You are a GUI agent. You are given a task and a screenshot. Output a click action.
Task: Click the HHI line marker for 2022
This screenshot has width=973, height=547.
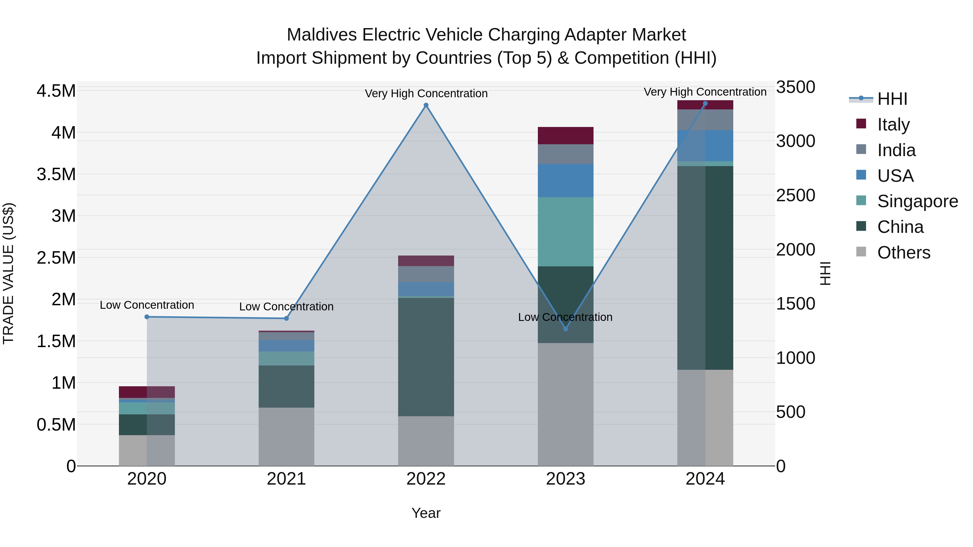tap(426, 105)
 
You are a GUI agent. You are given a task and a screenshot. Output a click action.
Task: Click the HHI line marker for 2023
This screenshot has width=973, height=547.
tap(565, 329)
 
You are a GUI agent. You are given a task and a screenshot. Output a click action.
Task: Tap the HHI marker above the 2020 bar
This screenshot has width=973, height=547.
tap(147, 317)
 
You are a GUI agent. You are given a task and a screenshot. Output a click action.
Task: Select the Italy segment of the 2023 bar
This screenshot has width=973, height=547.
tap(565, 136)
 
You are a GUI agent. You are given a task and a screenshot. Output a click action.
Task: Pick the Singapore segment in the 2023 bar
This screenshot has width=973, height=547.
tap(565, 231)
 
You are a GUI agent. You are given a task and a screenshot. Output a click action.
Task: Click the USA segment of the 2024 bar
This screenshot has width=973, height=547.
tap(705, 146)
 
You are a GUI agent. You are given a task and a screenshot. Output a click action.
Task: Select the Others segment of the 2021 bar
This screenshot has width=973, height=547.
tap(286, 437)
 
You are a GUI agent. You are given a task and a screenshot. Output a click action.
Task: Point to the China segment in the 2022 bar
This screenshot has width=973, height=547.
tap(426, 357)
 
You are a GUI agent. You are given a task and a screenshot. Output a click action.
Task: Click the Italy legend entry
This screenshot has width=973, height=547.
tap(893, 124)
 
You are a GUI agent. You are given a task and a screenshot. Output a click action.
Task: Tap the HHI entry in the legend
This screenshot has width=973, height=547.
tap(892, 99)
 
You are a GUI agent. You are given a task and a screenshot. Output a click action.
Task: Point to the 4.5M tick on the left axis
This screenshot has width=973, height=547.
tap(56, 91)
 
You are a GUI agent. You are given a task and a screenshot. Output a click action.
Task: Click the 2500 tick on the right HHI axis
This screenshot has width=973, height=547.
tap(795, 196)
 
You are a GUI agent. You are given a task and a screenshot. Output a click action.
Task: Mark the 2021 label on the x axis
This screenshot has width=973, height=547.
tap(286, 479)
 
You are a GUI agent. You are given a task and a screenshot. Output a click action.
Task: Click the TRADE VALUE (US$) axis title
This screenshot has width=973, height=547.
tap(8, 273)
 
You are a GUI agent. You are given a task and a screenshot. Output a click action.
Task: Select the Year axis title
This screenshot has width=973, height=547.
tap(426, 513)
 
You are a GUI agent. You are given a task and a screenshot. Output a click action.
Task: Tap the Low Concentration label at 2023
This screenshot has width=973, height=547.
tap(565, 317)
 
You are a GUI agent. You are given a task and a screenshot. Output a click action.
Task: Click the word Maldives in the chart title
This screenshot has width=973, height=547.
tap(321, 35)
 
